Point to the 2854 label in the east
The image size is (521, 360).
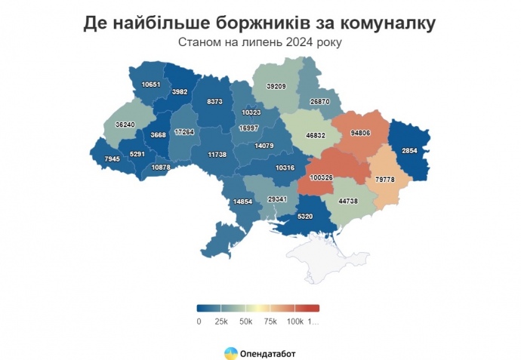(x=410, y=151)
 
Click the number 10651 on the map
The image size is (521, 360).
(x=152, y=85)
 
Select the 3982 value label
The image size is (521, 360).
(x=180, y=91)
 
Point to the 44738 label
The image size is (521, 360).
(x=349, y=201)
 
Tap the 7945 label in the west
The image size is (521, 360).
(x=113, y=159)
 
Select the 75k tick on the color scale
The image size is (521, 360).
(x=270, y=322)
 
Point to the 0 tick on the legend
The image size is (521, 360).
(x=198, y=322)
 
